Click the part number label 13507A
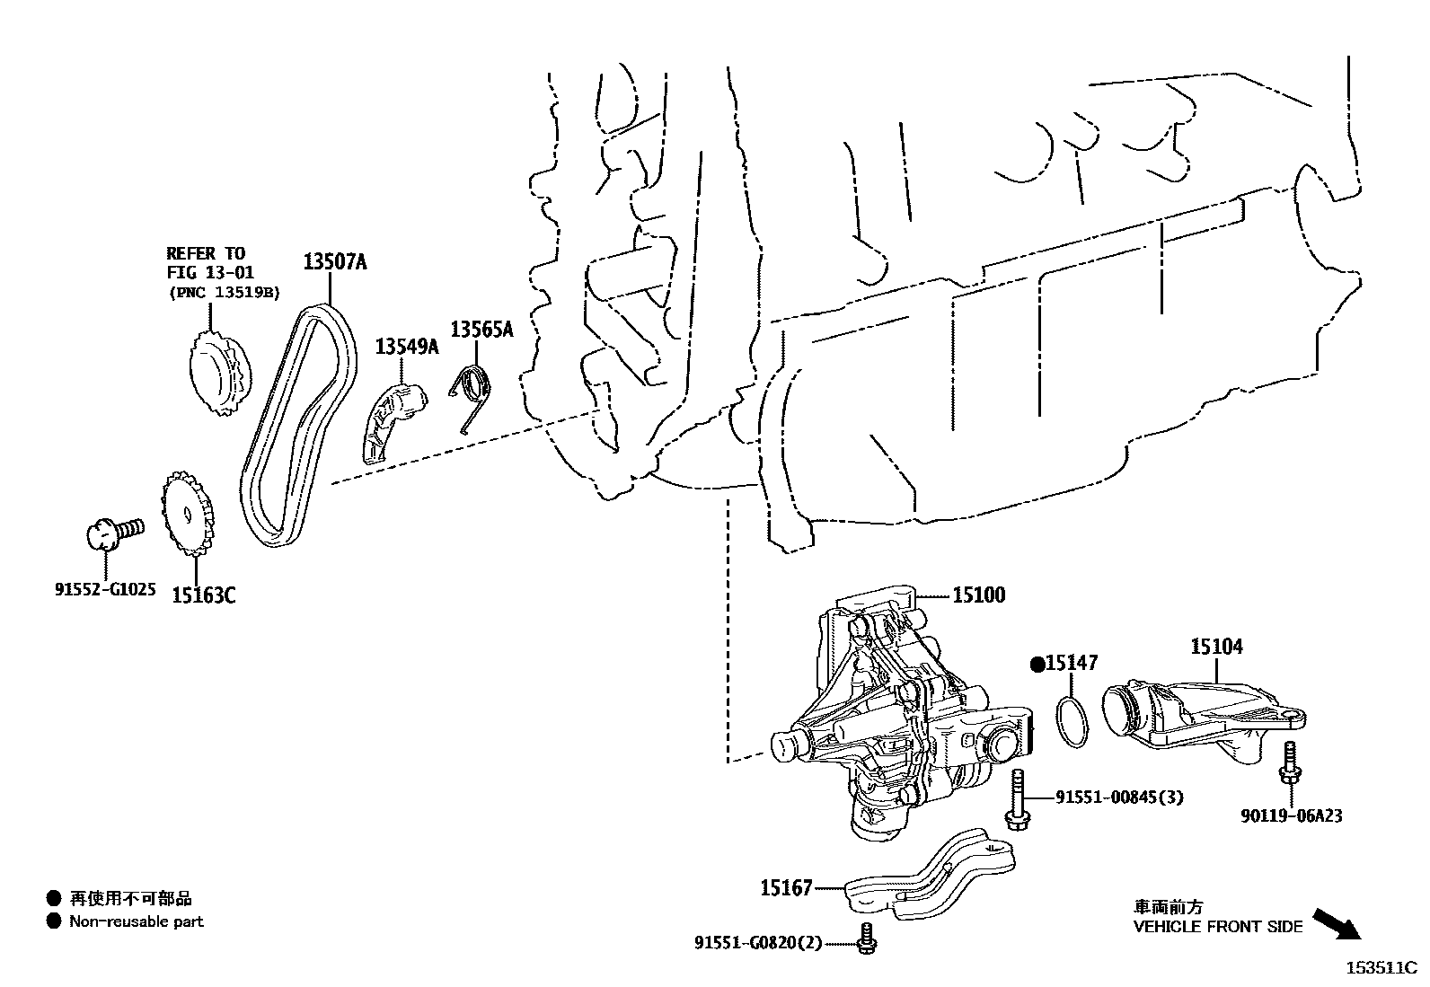point(334,261)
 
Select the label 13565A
point(481,330)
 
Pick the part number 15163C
point(204,595)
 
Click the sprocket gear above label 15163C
point(189,515)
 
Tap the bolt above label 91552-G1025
point(111,532)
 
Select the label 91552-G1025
point(105,590)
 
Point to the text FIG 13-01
point(210,272)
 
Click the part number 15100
point(979,595)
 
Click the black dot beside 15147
point(1037,664)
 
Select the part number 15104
point(1217,646)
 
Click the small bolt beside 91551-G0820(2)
point(867,938)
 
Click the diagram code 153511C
point(1380,968)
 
